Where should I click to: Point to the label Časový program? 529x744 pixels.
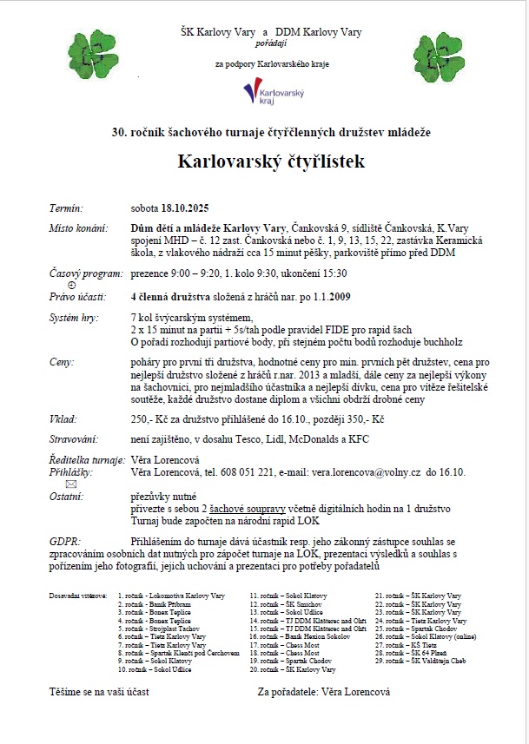point(86,273)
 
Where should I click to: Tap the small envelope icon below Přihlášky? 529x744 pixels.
point(72,484)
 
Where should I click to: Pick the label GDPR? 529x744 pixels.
point(66,541)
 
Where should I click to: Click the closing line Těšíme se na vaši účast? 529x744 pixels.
point(99,693)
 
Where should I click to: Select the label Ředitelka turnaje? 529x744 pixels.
point(87,459)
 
